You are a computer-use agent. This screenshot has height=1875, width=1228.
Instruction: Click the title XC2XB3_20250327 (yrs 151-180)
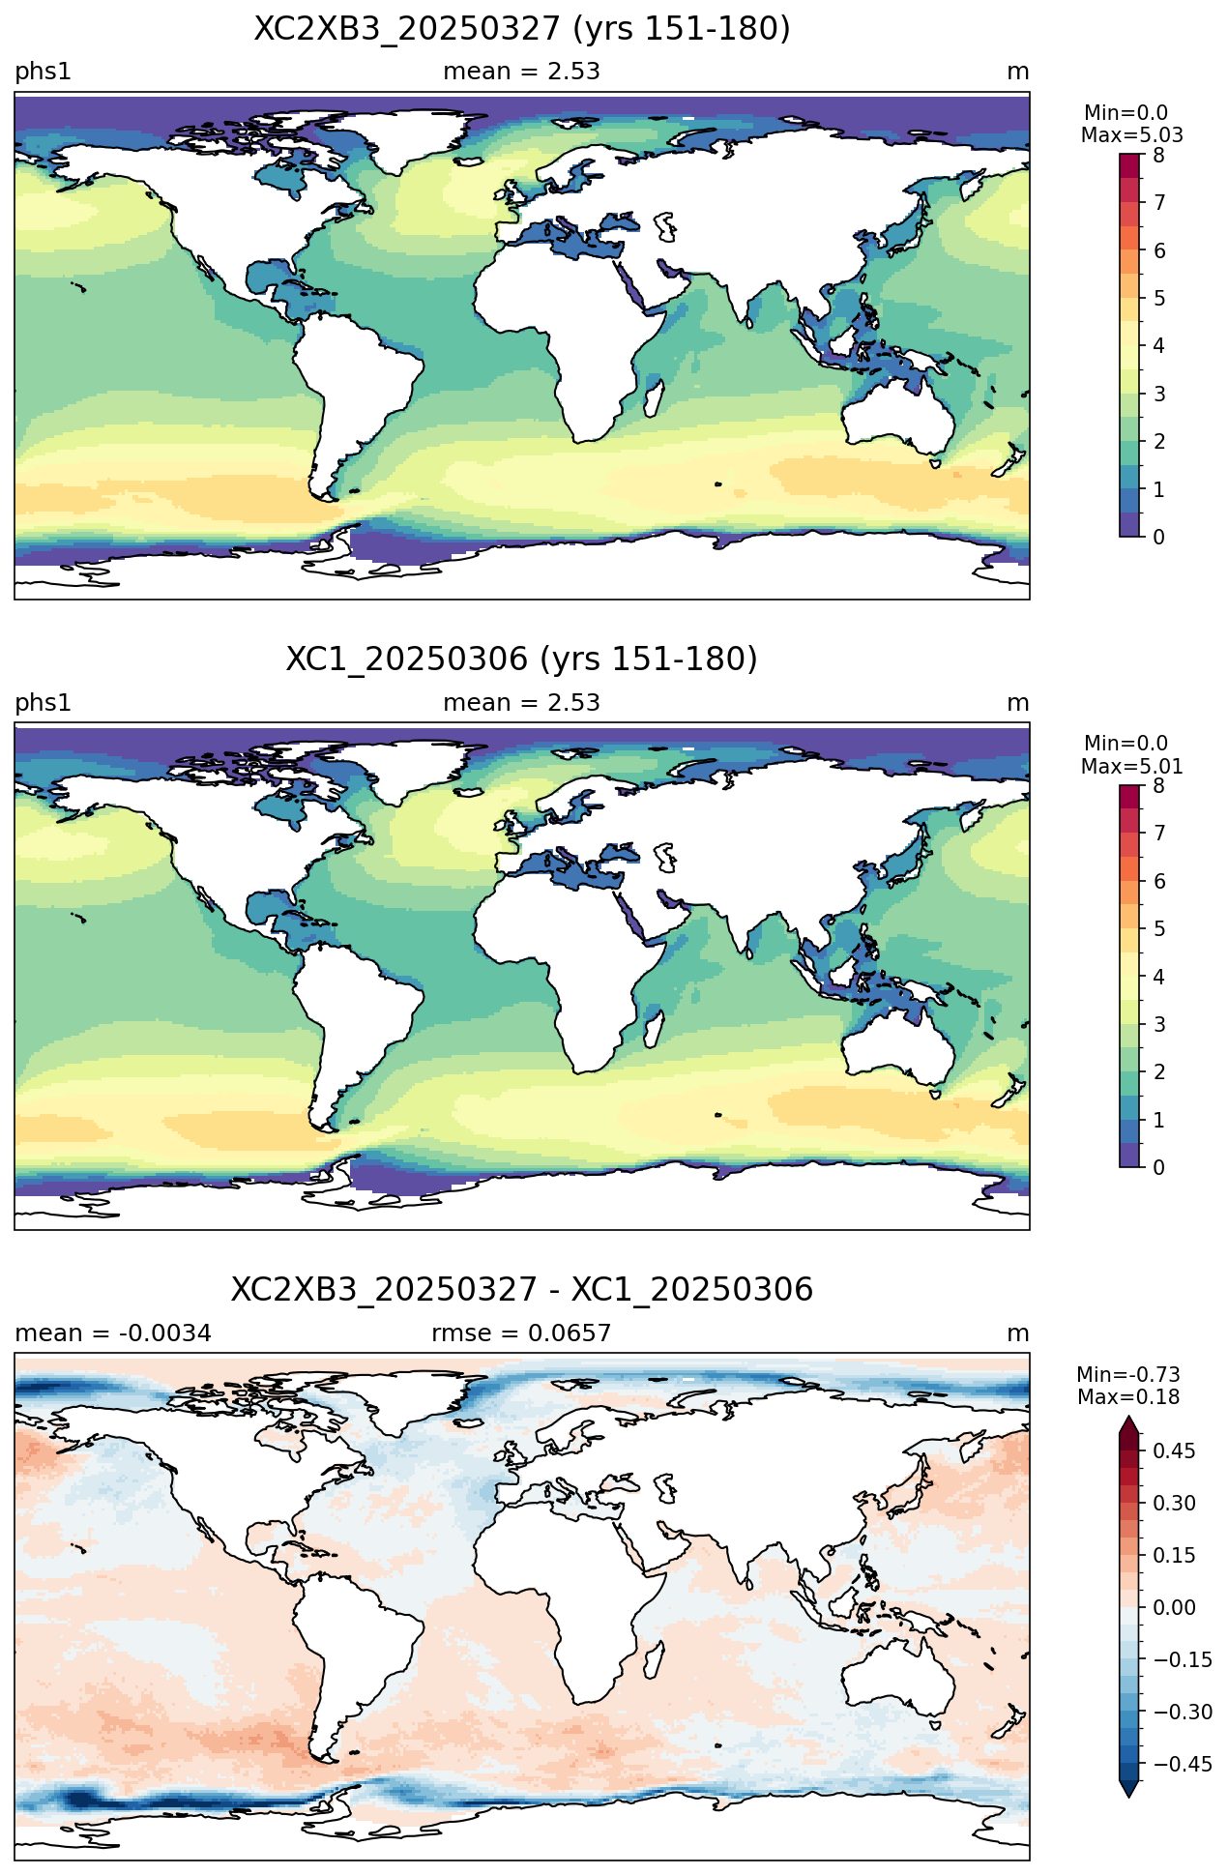click(x=522, y=29)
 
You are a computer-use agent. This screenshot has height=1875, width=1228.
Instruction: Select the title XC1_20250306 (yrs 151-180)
click(x=522, y=659)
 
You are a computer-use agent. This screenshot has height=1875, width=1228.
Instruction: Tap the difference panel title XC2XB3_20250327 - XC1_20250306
click(x=522, y=1290)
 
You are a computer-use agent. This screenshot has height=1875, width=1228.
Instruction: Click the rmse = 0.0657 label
click(x=521, y=1333)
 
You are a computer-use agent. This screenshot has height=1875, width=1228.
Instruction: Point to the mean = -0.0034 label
click(x=113, y=1333)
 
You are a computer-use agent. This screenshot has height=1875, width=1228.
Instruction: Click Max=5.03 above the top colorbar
click(x=1131, y=135)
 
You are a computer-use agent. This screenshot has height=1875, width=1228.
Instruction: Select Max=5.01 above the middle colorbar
click(x=1131, y=767)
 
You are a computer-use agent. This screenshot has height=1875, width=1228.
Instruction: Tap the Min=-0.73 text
click(x=1128, y=1375)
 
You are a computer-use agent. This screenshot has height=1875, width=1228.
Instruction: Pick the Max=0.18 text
click(x=1128, y=1397)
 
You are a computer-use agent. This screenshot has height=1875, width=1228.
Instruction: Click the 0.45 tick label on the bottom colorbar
click(x=1175, y=1450)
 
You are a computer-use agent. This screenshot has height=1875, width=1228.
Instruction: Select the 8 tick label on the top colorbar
click(x=1159, y=155)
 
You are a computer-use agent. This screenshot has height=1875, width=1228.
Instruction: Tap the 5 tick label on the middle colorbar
click(x=1159, y=929)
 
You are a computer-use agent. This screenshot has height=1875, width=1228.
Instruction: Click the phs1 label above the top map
click(x=43, y=72)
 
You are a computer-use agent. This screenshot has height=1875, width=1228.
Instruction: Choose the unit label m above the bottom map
click(x=1018, y=1333)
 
